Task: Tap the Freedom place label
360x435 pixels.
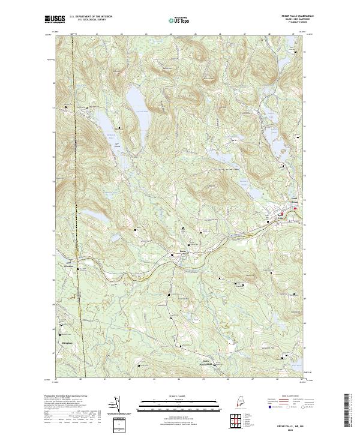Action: (x=71, y=265)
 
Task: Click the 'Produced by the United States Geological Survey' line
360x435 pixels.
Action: (x=66, y=396)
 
